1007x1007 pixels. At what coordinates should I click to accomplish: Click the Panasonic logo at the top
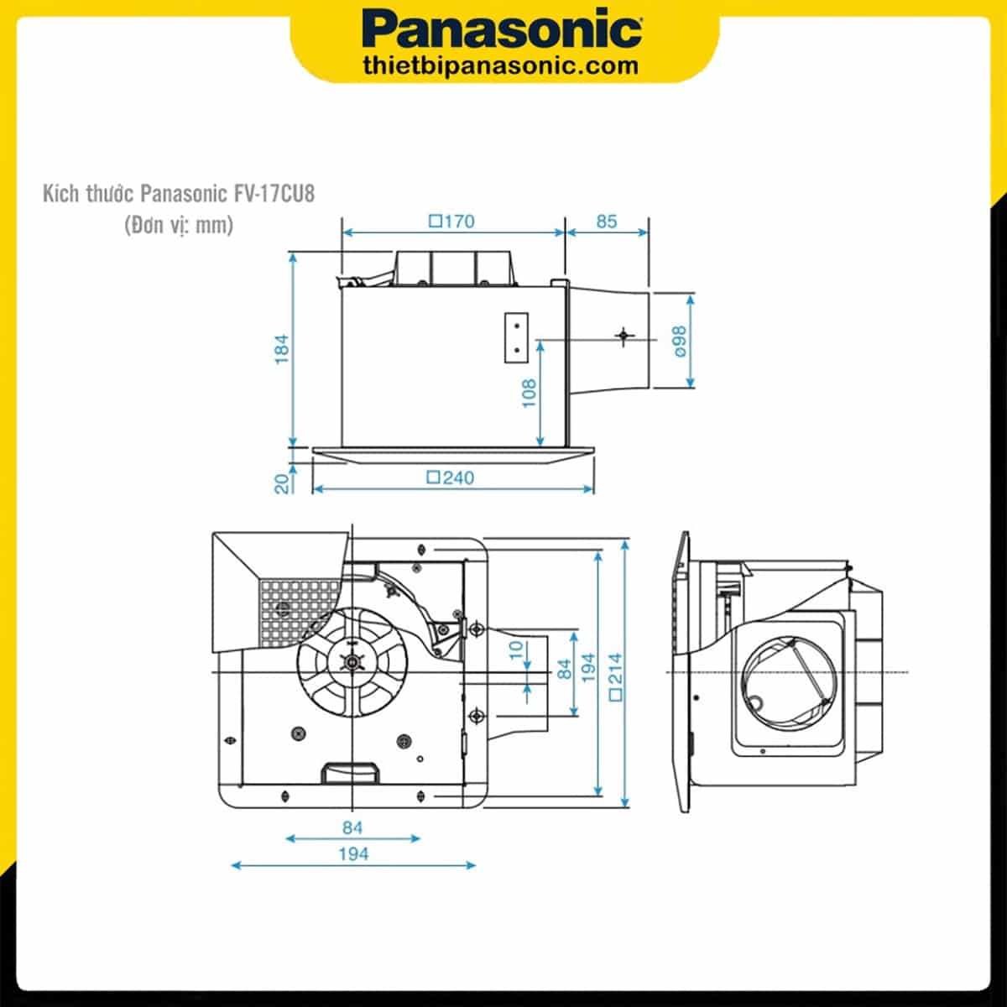click(x=503, y=30)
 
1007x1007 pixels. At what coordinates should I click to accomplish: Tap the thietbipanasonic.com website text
click(x=502, y=65)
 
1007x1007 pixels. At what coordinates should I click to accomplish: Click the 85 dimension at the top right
click(x=606, y=222)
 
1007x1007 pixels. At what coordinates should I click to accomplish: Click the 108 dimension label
click(x=529, y=392)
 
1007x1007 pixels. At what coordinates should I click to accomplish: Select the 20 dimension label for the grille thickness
click(x=283, y=481)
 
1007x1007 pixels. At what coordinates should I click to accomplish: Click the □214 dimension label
click(x=617, y=676)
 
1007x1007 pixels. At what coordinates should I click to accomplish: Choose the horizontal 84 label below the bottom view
click(x=352, y=827)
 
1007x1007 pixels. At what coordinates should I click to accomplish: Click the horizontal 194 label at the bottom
click(x=353, y=853)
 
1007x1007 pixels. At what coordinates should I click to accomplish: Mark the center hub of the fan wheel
click(x=351, y=661)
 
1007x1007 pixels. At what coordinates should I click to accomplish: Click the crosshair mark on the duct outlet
click(x=623, y=337)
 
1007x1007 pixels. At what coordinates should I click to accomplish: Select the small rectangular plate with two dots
click(x=517, y=337)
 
